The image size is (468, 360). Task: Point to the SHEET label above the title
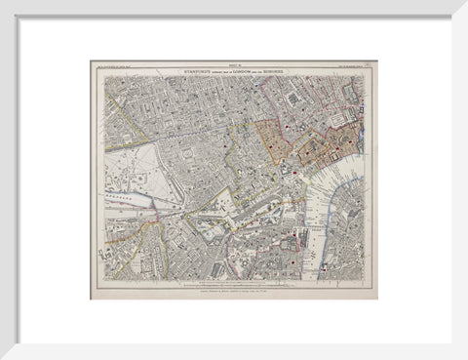[233, 64]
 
